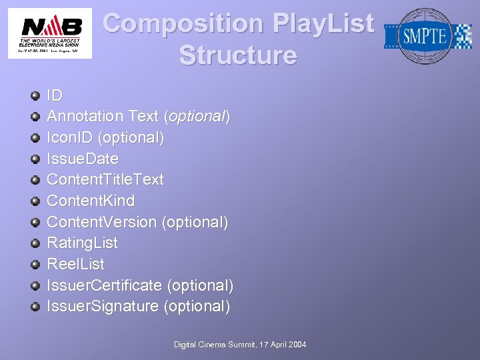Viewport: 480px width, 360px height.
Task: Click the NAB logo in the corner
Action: click(50, 33)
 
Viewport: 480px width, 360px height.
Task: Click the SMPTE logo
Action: click(427, 36)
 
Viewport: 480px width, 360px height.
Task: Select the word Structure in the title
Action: click(237, 55)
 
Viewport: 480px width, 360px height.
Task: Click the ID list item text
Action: click(55, 95)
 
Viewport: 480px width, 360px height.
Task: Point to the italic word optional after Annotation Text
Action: click(197, 116)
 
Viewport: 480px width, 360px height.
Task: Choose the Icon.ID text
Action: click(71, 137)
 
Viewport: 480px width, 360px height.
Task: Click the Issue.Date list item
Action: click(82, 159)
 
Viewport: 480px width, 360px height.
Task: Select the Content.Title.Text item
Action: click(105, 179)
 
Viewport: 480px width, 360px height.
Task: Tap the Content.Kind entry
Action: click(90, 201)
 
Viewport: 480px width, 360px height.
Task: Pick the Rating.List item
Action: click(81, 243)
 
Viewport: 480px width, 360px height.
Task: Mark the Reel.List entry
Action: click(75, 264)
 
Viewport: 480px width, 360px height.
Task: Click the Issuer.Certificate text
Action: click(104, 285)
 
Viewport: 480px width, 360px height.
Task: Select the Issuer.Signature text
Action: click(103, 306)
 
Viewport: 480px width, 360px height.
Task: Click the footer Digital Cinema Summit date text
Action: click(240, 344)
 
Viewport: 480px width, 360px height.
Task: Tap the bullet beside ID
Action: click(35, 96)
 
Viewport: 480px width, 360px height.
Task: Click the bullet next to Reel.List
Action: click(35, 265)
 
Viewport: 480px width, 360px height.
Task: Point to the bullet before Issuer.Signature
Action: click(35, 307)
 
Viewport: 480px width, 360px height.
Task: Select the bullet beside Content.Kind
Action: click(35, 201)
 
